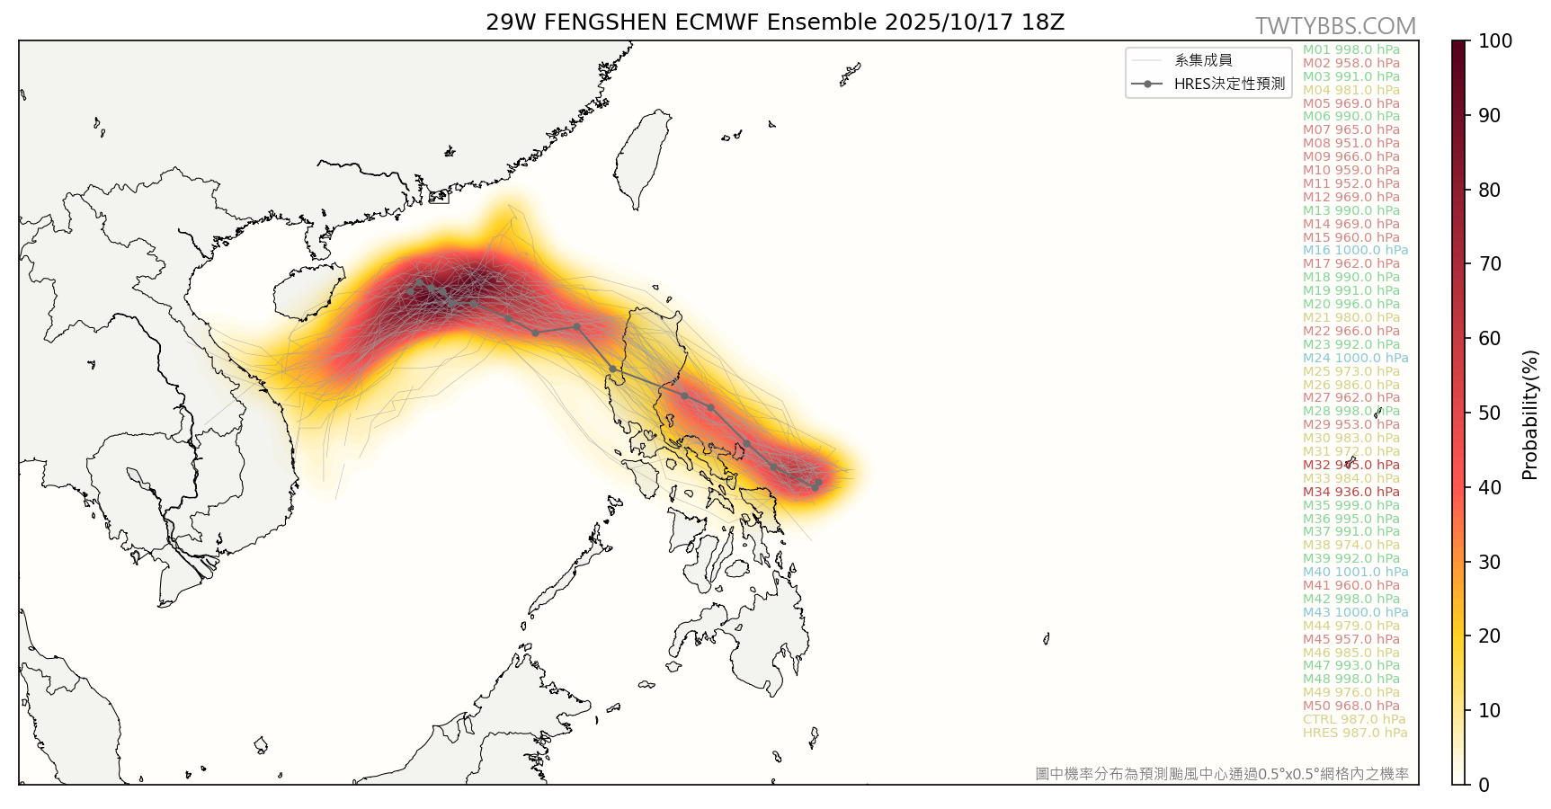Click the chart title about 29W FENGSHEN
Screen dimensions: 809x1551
point(775,22)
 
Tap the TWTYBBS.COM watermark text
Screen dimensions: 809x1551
point(1335,26)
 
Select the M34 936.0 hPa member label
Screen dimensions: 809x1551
point(1350,492)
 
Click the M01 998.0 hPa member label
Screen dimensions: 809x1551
point(1350,49)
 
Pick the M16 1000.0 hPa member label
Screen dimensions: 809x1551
point(1355,251)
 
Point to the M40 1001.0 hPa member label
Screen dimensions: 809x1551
point(1355,572)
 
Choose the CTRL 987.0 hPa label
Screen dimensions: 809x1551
point(1353,719)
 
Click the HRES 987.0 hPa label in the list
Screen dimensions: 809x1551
point(1354,733)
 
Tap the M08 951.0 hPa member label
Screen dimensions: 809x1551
point(1350,143)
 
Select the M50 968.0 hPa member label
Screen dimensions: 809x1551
point(1350,706)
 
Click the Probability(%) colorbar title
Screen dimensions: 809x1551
point(1529,414)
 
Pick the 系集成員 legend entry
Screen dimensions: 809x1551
point(1203,60)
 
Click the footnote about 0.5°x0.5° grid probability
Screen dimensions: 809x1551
point(1222,773)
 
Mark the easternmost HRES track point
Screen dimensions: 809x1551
point(817,483)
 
